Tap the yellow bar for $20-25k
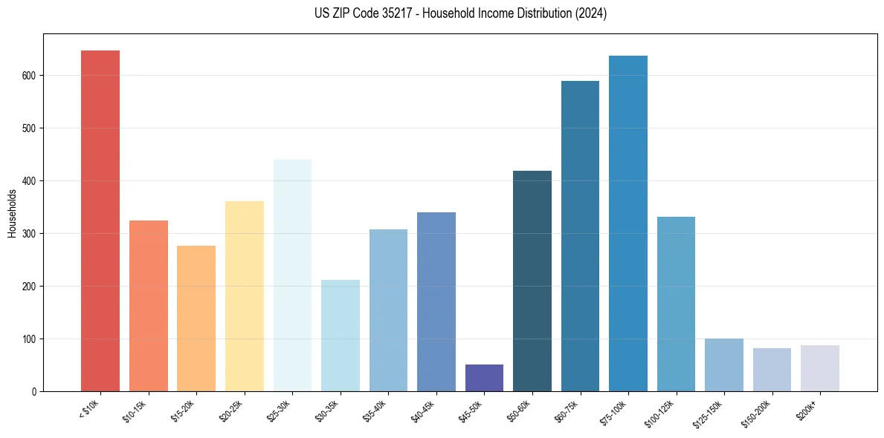click(x=245, y=296)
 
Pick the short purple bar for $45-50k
click(x=484, y=378)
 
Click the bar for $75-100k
click(x=628, y=223)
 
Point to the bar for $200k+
click(x=820, y=368)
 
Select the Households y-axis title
click(x=12, y=212)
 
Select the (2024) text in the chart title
click(x=592, y=13)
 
